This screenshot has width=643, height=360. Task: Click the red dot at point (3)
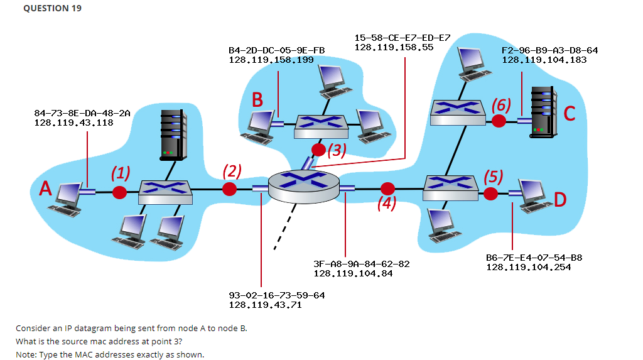pyautogui.click(x=319, y=150)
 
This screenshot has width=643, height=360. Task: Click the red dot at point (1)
pyautogui.click(x=119, y=192)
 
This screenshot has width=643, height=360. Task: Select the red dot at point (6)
pyautogui.click(x=499, y=121)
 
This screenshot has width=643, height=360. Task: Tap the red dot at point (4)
pyautogui.click(x=387, y=188)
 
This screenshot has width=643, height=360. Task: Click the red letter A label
pyautogui.click(x=45, y=189)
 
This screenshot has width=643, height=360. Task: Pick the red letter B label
pyautogui.click(x=257, y=99)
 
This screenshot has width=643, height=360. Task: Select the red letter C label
pyautogui.click(x=570, y=113)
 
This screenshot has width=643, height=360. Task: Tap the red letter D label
pyautogui.click(x=560, y=200)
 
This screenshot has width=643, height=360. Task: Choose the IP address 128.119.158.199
pyautogui.click(x=271, y=60)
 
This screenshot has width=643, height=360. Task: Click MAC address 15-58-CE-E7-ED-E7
pyautogui.click(x=402, y=38)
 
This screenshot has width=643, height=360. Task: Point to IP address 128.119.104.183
pyautogui.click(x=544, y=60)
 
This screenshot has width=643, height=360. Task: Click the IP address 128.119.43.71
pyautogui.click(x=265, y=304)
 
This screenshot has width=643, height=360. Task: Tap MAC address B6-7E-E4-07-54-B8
pyautogui.click(x=534, y=258)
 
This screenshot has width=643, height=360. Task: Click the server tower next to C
pyautogui.click(x=544, y=112)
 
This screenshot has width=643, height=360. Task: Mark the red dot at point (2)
pyautogui.click(x=230, y=188)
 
